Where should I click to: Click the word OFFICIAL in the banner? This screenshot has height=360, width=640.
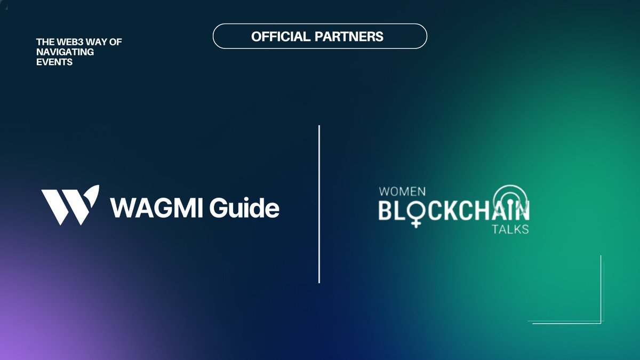pyautogui.click(x=281, y=37)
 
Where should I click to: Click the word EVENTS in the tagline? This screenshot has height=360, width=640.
pyautogui.click(x=54, y=62)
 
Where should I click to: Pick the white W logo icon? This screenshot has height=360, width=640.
pyautogui.click(x=70, y=205)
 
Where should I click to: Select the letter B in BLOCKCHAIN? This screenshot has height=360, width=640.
pyautogui.click(x=386, y=211)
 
